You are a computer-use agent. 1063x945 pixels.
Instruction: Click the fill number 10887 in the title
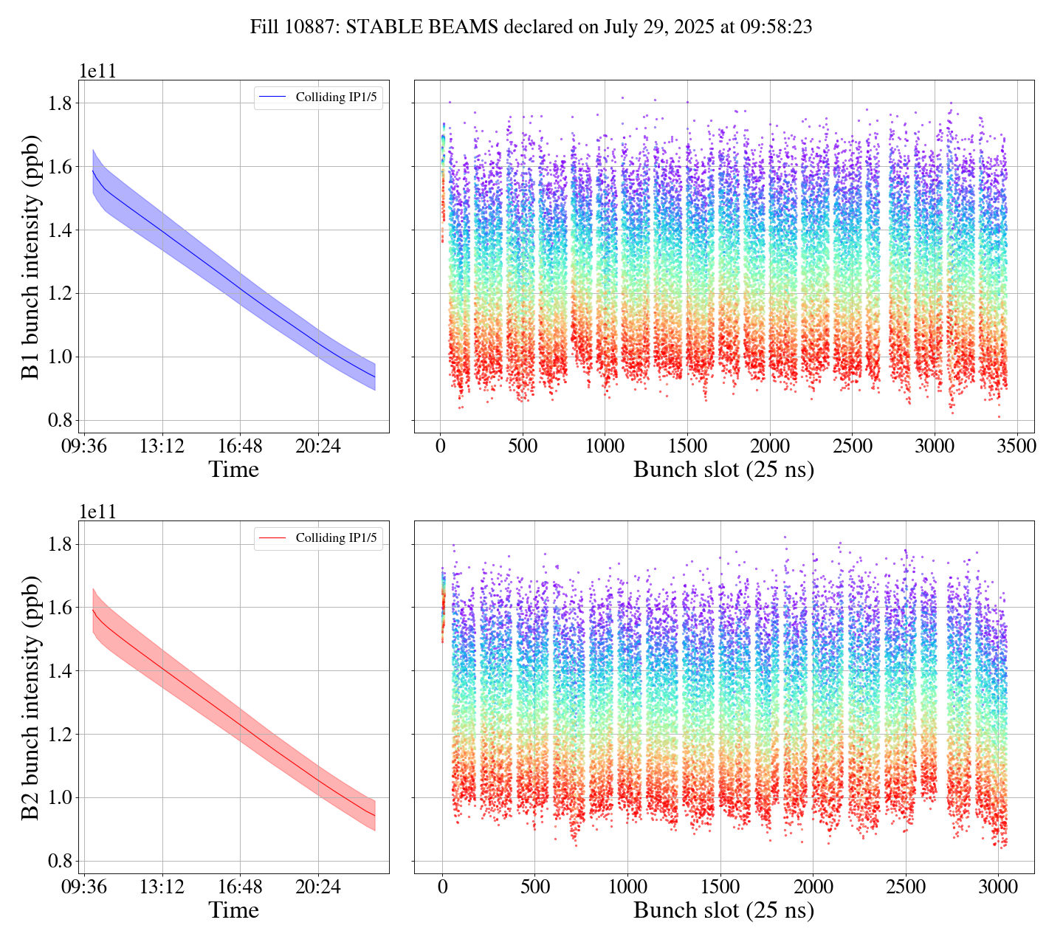click(x=303, y=27)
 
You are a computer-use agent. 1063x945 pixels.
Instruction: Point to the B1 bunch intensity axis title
click(x=31, y=257)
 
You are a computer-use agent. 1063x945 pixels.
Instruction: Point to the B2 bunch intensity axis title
click(x=31, y=698)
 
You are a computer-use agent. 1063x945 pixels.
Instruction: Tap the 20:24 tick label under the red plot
click(x=318, y=887)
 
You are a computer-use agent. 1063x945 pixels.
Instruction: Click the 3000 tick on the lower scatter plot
click(x=998, y=887)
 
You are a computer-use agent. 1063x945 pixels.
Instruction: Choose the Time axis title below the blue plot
click(x=234, y=470)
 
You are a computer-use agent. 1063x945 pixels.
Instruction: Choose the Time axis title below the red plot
click(x=234, y=910)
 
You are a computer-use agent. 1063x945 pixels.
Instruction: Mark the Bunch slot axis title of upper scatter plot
click(x=723, y=470)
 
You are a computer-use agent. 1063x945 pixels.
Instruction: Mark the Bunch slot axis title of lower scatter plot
click(x=723, y=910)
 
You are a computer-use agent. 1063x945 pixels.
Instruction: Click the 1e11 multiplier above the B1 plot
click(x=97, y=72)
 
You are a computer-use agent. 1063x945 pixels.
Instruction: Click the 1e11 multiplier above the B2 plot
click(x=97, y=512)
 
